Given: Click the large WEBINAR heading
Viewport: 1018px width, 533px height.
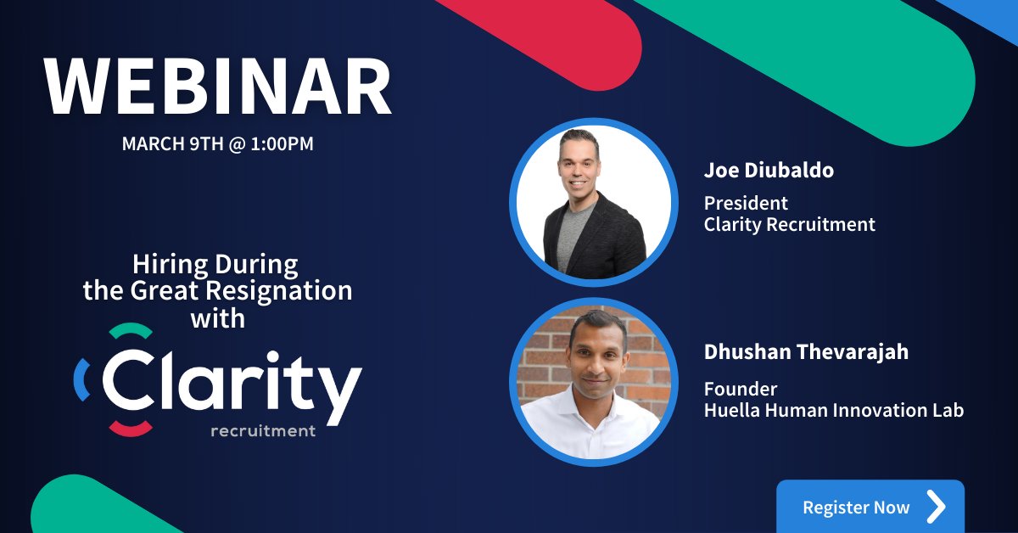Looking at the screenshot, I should [218, 88].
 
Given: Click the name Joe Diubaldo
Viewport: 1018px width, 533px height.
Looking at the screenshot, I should [769, 171].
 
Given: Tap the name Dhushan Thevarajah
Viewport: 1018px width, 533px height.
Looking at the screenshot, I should [806, 351].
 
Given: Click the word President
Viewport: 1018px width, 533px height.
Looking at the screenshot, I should [746, 204].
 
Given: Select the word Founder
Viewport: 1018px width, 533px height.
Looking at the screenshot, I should [741, 389].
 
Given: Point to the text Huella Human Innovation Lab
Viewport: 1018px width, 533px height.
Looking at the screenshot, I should [834, 411].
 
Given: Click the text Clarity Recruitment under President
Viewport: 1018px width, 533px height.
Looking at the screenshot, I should [789, 225].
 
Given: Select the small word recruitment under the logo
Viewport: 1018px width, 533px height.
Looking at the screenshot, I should [263, 431].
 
